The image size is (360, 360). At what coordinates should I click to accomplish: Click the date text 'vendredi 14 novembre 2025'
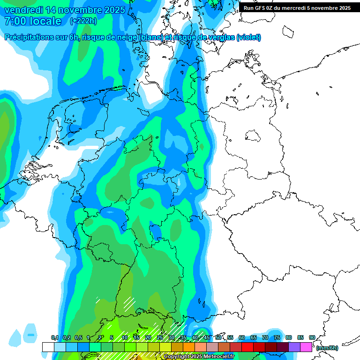coord(65,10)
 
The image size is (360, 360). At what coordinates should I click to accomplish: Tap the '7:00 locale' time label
coord(32,21)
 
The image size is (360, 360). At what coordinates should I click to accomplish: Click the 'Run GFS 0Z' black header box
coord(297,8)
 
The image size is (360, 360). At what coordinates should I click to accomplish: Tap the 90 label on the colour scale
coord(312,337)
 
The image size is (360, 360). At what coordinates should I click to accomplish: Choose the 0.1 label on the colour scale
coord(55,337)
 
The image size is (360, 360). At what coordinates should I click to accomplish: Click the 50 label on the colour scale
coord(218,337)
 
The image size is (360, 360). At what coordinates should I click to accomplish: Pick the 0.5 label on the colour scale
coord(78,337)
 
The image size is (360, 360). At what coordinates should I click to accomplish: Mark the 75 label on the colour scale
coord(277,337)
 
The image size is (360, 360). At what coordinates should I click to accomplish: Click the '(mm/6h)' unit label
coord(327,348)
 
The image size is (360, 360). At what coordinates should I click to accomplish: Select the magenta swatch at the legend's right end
coord(306,347)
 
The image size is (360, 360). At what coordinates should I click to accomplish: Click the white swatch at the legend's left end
coord(48,347)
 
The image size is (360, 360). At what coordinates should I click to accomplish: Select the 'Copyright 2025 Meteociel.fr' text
coord(199,357)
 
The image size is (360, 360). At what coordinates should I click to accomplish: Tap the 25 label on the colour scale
coord(160,337)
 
